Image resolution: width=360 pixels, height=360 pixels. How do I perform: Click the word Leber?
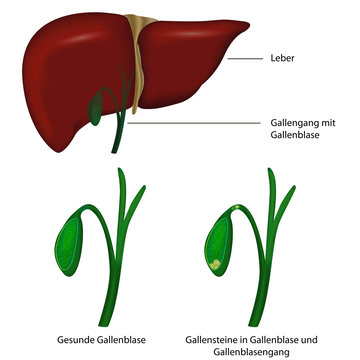(282, 59)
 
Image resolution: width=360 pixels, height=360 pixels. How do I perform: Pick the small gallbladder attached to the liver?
(98, 104)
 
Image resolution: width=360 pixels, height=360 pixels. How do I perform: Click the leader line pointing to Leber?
(245, 59)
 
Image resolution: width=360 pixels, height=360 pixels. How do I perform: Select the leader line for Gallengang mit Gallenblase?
(200, 123)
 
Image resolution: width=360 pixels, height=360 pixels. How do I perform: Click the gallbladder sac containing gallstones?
(218, 245)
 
